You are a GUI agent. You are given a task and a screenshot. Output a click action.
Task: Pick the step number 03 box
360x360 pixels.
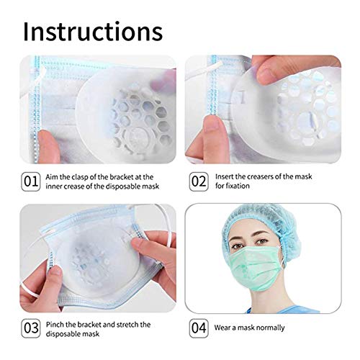[x=31, y=328]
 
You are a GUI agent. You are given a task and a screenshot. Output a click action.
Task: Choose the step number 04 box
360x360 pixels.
[x=199, y=328]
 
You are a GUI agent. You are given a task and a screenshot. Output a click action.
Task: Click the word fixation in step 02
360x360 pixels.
[x=236, y=187]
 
